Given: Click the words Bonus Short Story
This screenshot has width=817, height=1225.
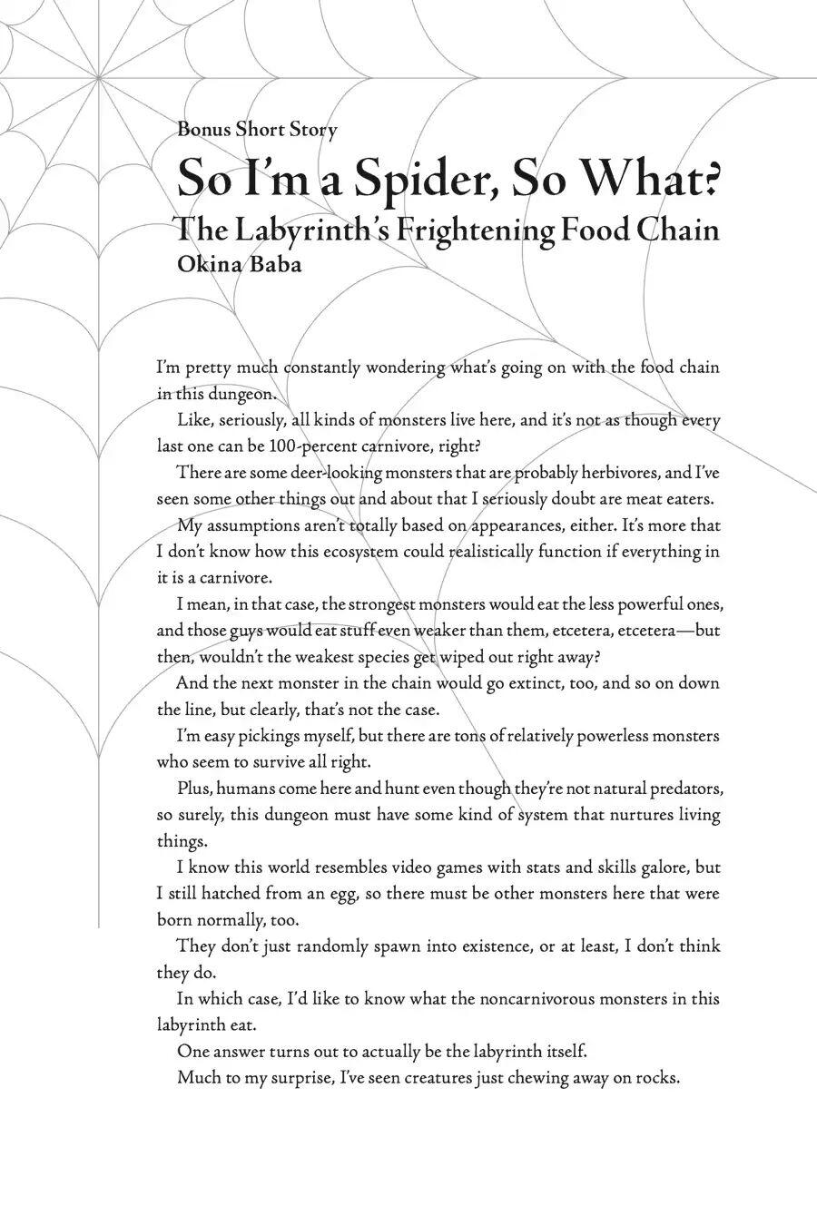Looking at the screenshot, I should pyautogui.click(x=257, y=129).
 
